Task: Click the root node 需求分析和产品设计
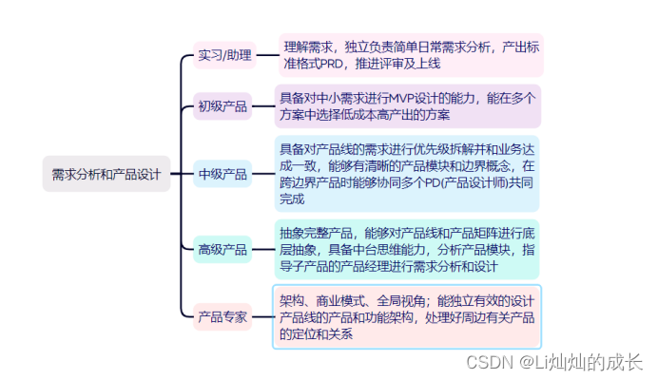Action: (x=106, y=174)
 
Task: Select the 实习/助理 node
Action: (x=224, y=54)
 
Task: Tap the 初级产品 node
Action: (x=223, y=105)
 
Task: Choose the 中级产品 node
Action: (x=223, y=174)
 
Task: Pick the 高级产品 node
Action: (x=223, y=249)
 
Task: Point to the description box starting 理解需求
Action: (x=411, y=54)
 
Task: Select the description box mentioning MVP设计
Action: (x=407, y=105)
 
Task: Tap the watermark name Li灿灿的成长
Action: (x=581, y=363)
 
